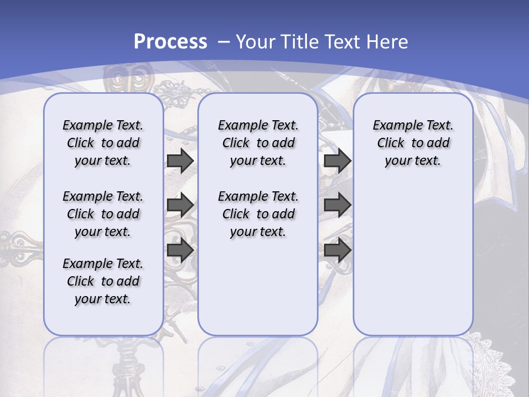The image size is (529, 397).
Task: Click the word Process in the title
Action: click(x=170, y=42)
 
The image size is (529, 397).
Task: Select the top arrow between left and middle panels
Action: click(x=180, y=161)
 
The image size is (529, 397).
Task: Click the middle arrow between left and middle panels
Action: click(x=180, y=206)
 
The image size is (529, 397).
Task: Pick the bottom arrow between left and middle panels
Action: click(x=180, y=250)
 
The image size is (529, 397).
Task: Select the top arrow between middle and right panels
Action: click(x=337, y=161)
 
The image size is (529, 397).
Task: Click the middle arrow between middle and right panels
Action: click(x=337, y=206)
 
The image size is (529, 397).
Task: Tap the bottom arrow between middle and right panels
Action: click(x=337, y=250)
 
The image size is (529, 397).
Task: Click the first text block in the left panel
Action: click(x=103, y=143)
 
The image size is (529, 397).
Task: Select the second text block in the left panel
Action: click(x=103, y=214)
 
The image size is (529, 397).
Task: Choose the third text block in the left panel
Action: click(x=103, y=281)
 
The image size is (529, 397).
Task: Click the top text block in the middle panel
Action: click(x=258, y=143)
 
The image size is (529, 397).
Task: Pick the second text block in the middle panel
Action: click(x=258, y=214)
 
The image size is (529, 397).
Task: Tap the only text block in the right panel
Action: click(x=413, y=143)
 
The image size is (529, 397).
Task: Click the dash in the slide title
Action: click(x=224, y=42)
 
